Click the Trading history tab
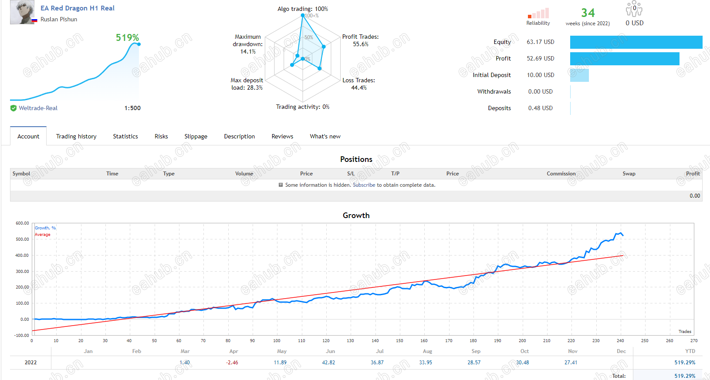(76, 136)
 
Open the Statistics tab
(125, 136)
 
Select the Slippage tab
(196, 136)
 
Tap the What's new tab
(325, 136)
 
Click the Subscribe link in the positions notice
(364, 185)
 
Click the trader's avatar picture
(22, 12)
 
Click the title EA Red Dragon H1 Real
(78, 8)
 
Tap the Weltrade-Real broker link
(38, 108)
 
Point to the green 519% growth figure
(128, 38)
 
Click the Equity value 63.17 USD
(541, 42)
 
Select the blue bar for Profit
(625, 59)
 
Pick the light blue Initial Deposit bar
(579, 75)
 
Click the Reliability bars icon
(538, 13)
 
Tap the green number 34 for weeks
(588, 13)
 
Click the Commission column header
(561, 174)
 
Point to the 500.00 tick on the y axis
(22, 239)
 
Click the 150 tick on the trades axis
(399, 341)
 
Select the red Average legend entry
(43, 234)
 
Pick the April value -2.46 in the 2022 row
(232, 363)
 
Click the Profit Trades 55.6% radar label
(360, 40)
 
